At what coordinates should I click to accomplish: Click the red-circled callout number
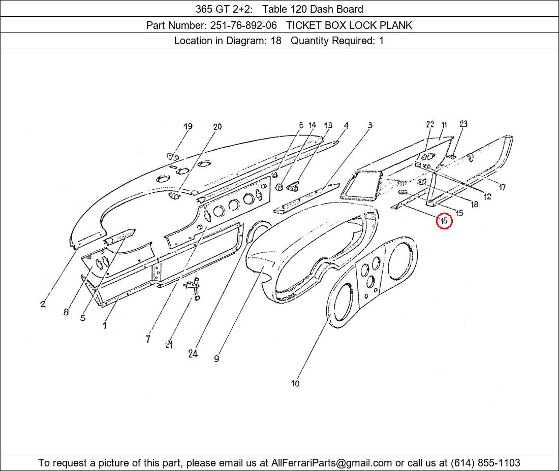(x=444, y=221)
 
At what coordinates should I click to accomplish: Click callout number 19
(x=188, y=126)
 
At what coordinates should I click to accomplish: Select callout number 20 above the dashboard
(x=218, y=126)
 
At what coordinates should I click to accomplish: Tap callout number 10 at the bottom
(x=295, y=383)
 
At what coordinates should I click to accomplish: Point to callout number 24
(x=193, y=354)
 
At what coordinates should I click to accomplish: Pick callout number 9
(x=217, y=358)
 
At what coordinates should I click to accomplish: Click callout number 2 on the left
(x=43, y=304)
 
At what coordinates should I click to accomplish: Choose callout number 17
(x=502, y=187)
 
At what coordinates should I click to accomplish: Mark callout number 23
(x=463, y=124)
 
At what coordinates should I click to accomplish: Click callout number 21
(x=169, y=344)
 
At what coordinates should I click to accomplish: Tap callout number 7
(x=148, y=339)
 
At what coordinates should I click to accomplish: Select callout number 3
(x=370, y=125)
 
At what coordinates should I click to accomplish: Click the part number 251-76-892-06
(x=243, y=25)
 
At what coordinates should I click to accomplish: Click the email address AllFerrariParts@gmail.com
(x=331, y=463)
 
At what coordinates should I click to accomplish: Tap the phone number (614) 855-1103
(x=485, y=463)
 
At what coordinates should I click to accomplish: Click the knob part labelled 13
(x=293, y=186)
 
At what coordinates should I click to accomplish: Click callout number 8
(x=66, y=312)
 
